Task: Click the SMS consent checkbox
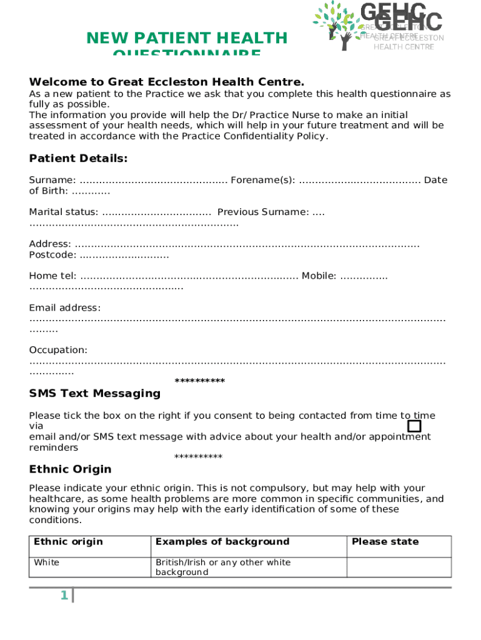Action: [x=414, y=426]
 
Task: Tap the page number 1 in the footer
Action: [x=64, y=596]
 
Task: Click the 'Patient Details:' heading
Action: [x=78, y=159]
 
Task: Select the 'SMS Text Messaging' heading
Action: [x=94, y=394]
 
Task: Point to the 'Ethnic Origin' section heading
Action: [x=70, y=469]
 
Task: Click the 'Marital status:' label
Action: [x=63, y=212]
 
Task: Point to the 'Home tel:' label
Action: [x=52, y=276]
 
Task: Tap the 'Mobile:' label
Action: [x=319, y=276]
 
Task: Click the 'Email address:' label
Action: [x=64, y=307]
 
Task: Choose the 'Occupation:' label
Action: [x=58, y=350]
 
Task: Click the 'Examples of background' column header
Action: [x=222, y=542]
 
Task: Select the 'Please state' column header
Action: [x=385, y=542]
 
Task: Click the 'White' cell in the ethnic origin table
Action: [x=47, y=562]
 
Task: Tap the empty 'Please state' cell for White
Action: [x=399, y=567]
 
